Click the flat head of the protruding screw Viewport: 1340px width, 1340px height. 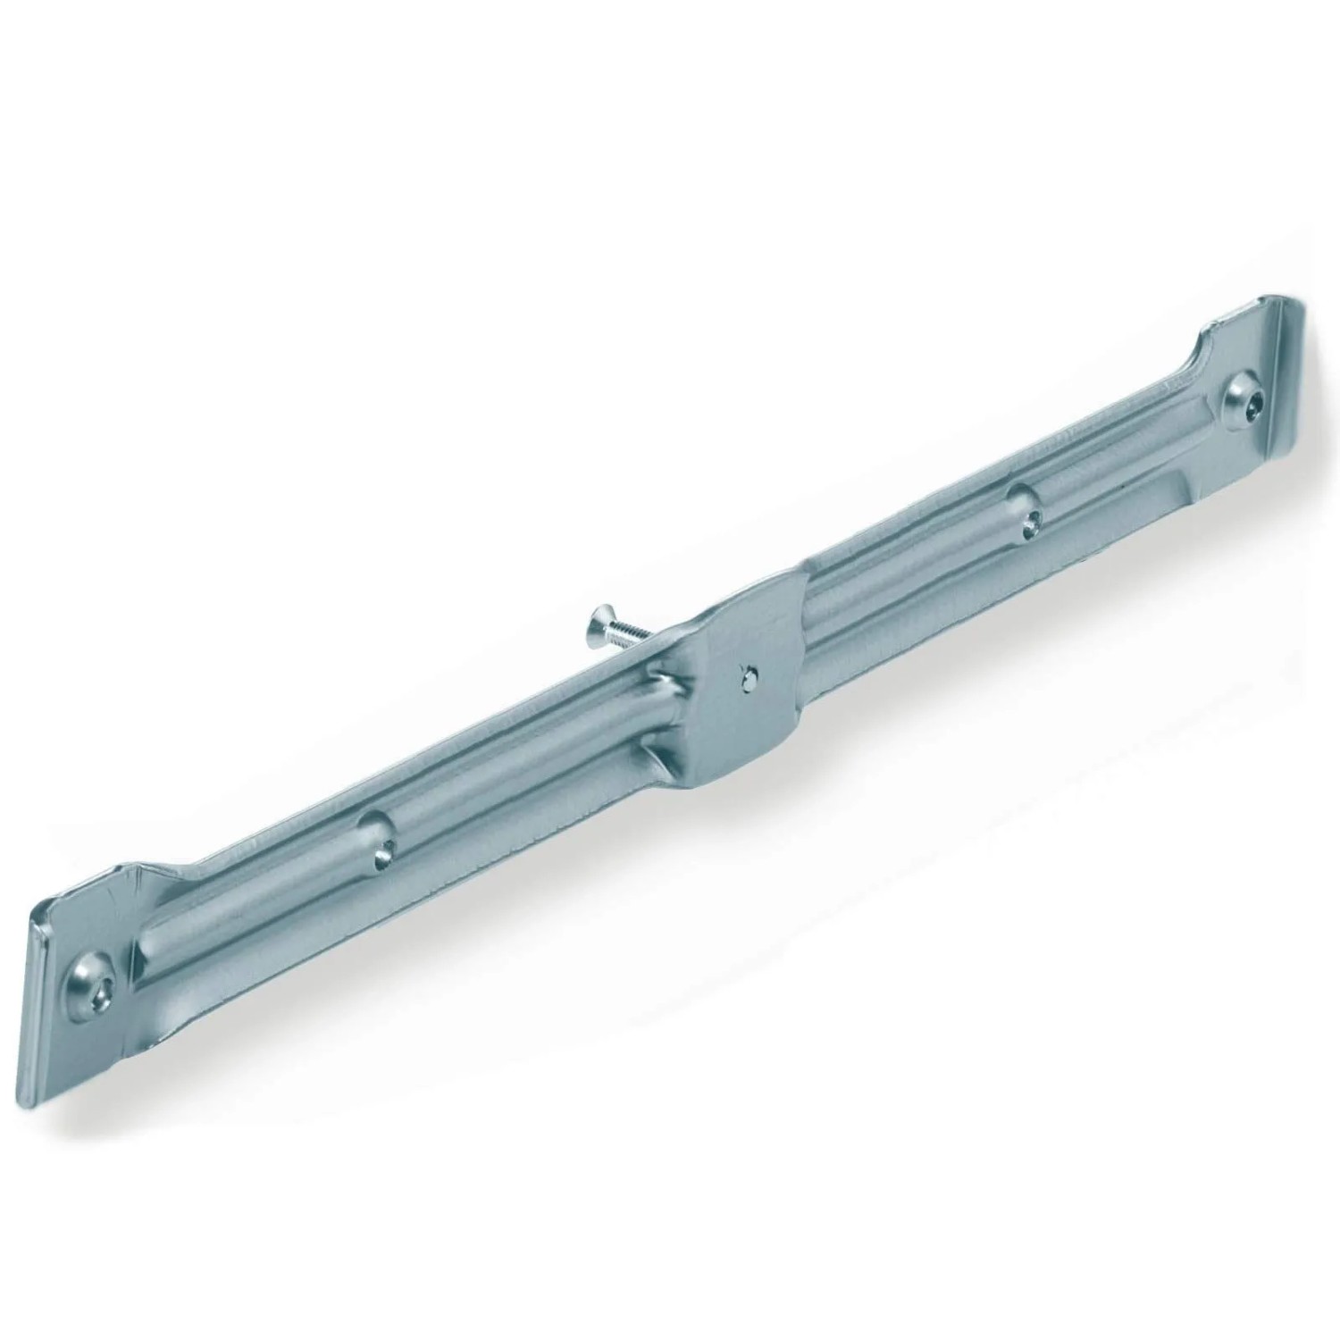(x=597, y=620)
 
